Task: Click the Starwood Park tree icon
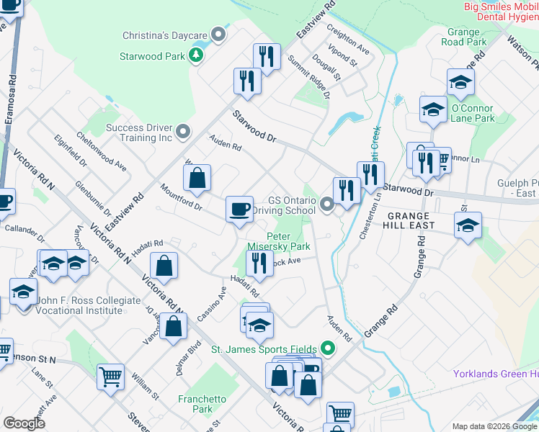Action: (195, 55)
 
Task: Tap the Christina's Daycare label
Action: (165, 35)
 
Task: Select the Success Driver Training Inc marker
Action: (183, 131)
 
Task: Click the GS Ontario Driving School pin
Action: (328, 206)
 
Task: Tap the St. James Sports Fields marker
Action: (329, 349)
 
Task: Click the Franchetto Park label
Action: (202, 404)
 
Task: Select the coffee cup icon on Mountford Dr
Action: (239, 210)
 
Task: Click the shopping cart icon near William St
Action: (110, 377)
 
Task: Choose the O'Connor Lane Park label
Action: (473, 113)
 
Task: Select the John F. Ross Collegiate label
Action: (81, 305)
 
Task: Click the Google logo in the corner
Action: (24, 423)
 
